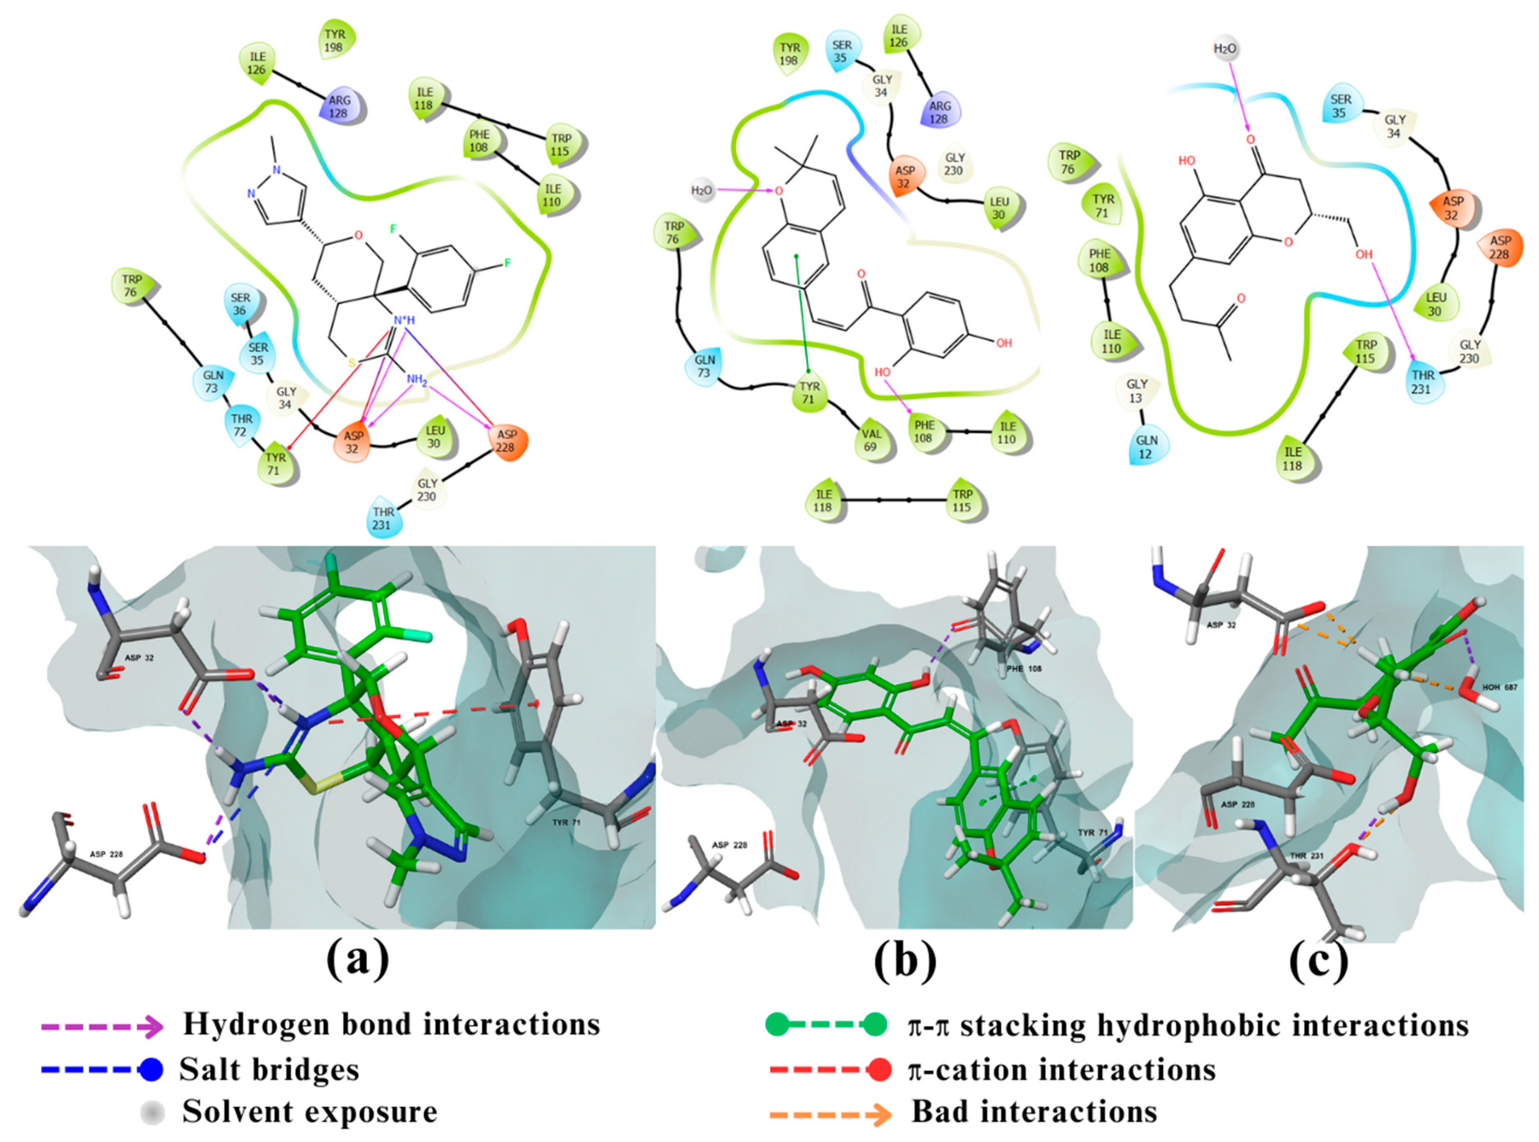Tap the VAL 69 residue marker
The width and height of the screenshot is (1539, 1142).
[x=871, y=440]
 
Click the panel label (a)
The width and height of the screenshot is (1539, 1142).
[x=358, y=959]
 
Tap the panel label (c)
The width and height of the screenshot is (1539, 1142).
[x=1318, y=959]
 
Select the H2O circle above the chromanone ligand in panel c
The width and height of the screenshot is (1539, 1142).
[x=1225, y=49]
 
